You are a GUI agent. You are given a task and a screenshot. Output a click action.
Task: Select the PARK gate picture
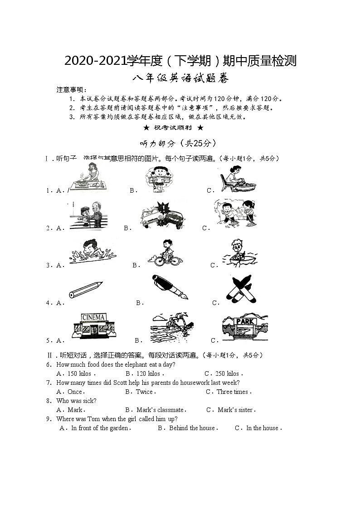click(244, 327)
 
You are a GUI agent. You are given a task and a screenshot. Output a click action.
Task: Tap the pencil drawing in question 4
click(86, 290)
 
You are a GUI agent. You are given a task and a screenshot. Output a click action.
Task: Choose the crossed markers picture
click(240, 289)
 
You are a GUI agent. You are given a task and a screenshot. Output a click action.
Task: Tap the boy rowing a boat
click(238, 253)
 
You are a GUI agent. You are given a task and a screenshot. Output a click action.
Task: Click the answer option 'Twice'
click(145, 392)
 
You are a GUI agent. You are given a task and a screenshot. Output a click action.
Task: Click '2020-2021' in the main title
click(90, 60)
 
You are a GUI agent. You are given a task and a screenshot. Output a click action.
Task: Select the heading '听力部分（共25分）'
click(178, 143)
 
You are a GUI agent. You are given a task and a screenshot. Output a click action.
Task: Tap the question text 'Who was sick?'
click(76, 401)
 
